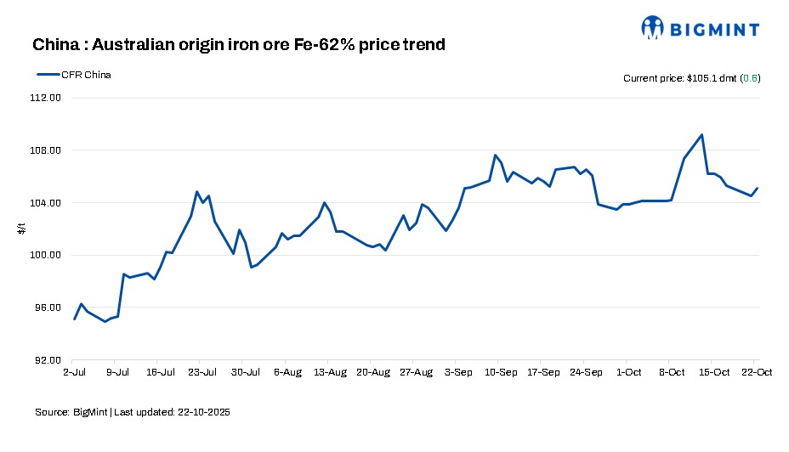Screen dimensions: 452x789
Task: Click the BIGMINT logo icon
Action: click(x=652, y=27)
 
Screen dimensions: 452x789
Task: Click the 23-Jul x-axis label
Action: click(x=202, y=372)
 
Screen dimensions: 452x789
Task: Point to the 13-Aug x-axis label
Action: click(x=330, y=372)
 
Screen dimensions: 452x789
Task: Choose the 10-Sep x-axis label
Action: click(x=501, y=372)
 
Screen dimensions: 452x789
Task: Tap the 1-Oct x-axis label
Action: click(x=629, y=372)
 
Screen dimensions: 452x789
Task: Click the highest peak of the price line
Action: click(x=701, y=134)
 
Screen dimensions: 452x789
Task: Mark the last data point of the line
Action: click(x=757, y=189)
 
